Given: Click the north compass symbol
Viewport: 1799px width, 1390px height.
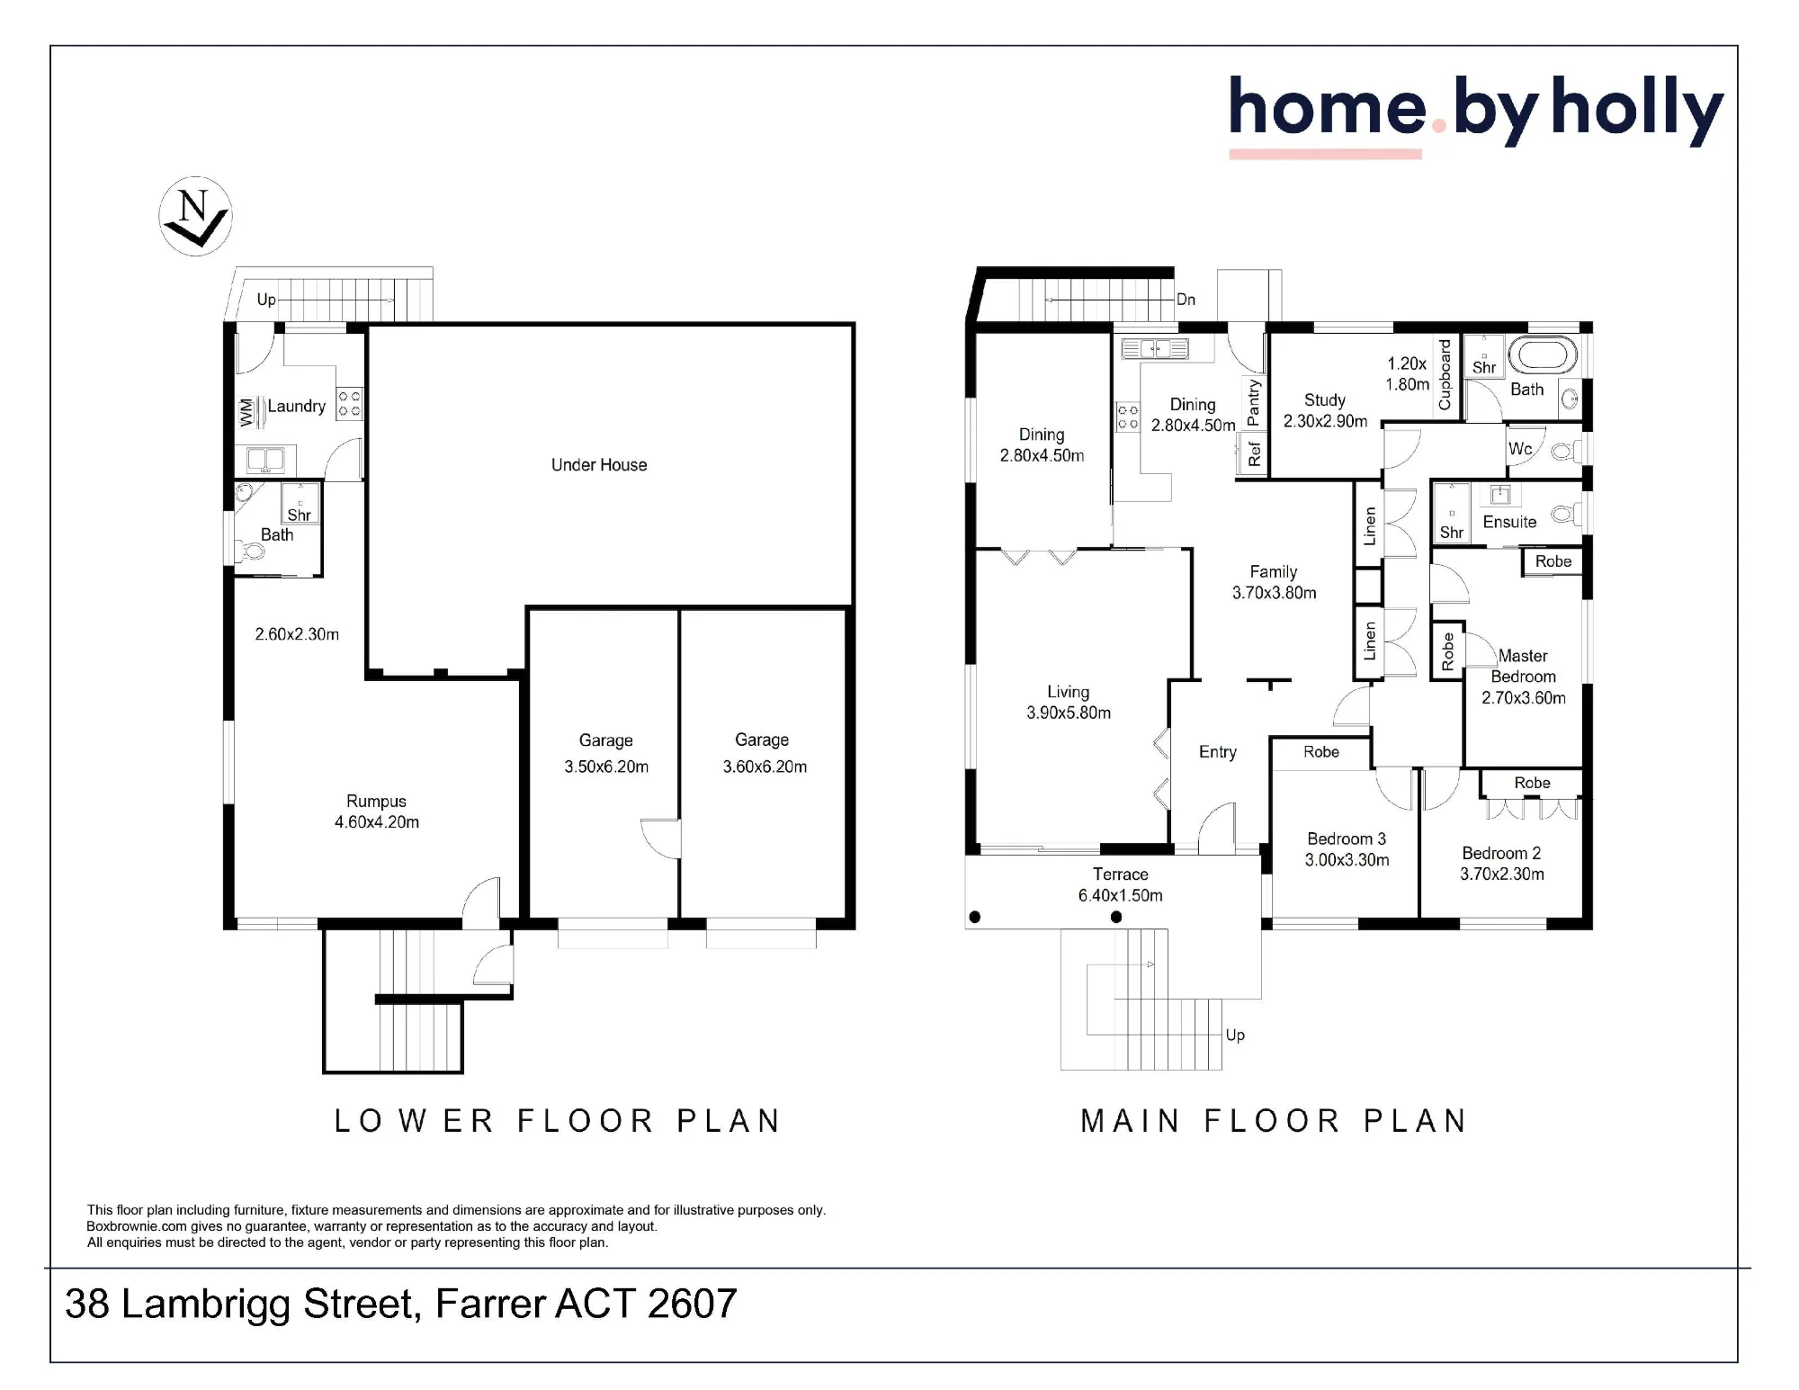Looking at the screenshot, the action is [x=195, y=216].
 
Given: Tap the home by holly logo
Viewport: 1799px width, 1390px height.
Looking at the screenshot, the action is [x=1476, y=116].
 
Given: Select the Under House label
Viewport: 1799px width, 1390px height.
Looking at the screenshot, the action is [x=599, y=465].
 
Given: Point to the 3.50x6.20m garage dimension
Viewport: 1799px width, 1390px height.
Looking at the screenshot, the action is [x=606, y=767].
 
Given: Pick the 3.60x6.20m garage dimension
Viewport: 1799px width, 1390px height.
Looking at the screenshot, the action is [x=765, y=767].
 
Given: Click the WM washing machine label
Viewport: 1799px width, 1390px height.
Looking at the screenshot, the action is [x=246, y=413].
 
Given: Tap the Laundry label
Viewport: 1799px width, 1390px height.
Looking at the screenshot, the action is [x=296, y=406].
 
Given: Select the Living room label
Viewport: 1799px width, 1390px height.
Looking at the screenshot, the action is [x=1068, y=692].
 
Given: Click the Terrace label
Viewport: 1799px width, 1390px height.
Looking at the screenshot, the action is [x=1120, y=874].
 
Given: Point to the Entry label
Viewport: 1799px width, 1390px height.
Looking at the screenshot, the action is [x=1217, y=752].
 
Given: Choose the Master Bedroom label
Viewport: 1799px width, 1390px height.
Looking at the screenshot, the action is [x=1523, y=667].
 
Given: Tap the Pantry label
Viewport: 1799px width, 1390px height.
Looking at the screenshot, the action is [x=1253, y=402].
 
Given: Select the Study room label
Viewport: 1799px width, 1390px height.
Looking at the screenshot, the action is [x=1325, y=400].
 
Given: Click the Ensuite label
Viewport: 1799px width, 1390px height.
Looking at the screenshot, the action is [x=1509, y=522].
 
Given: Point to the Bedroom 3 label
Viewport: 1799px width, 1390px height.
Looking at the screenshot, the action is [x=1347, y=838].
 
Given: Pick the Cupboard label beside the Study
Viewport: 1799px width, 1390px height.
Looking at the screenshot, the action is [x=1445, y=374].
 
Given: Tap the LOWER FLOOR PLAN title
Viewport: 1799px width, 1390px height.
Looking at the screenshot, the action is [x=558, y=1121].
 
